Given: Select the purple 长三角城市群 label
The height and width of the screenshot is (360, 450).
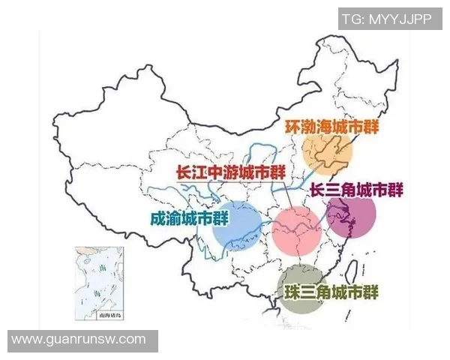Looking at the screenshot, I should tap(355, 190).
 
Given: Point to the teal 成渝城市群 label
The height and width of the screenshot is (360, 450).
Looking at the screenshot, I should tap(190, 219).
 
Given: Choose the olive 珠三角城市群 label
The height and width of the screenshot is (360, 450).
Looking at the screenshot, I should tap(331, 291).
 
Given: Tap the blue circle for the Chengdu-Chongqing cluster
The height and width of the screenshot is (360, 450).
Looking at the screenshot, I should tap(235, 225).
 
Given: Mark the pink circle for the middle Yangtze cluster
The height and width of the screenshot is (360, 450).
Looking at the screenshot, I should tap(296, 231).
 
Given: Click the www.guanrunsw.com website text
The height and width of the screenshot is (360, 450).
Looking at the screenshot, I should tap(79, 340).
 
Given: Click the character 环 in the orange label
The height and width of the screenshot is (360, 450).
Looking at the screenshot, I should tap(293, 125).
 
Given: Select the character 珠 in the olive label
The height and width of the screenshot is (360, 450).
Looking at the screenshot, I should tap(293, 291).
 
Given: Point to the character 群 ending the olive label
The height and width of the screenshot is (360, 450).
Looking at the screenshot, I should tap(370, 291).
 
